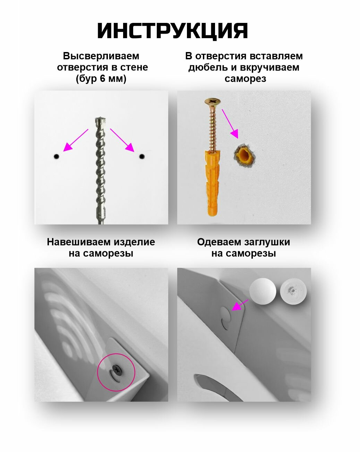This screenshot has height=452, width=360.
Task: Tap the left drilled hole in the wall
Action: [x=56, y=156]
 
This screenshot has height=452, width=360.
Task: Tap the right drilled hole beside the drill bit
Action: [x=142, y=156]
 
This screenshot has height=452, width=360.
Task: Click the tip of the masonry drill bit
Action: [x=101, y=120]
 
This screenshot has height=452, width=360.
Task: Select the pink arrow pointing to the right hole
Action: [x=122, y=140]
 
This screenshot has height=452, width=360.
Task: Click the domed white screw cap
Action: [x=263, y=291]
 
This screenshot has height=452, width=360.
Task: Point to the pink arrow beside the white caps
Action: [x=240, y=305]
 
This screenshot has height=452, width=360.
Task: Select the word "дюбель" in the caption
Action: [x=205, y=67]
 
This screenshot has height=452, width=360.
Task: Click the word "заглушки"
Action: [x=267, y=242]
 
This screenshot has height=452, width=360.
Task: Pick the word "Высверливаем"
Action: [x=101, y=56]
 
